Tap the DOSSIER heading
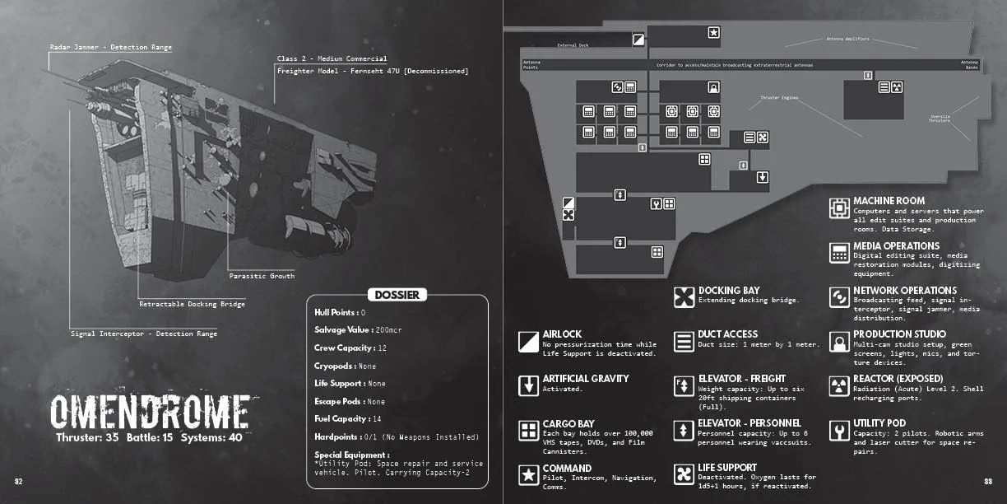point(397,295)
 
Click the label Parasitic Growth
point(262,276)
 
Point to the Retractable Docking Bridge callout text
point(192,304)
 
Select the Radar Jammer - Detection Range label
point(110,48)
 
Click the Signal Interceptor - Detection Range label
point(144,334)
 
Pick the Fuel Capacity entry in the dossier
point(348,419)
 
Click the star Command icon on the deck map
point(713,33)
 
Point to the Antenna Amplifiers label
point(847,39)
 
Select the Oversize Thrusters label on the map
point(940,119)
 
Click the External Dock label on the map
point(573,45)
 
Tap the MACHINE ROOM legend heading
point(889,201)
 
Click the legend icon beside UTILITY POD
point(838,431)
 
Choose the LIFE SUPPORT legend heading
point(727,468)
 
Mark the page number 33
point(988,481)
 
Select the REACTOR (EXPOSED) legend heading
point(898,379)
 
